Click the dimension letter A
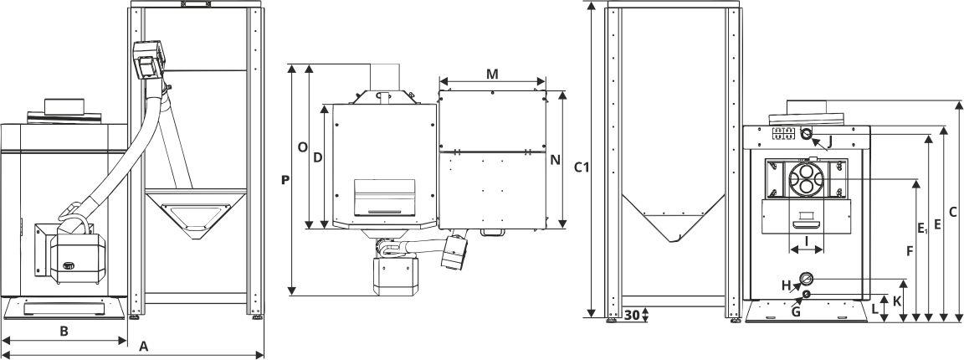pos(143,346)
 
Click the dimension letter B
pos(64,331)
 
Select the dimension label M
pos(493,74)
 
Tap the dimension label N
pos(555,161)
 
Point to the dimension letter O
pos(303,147)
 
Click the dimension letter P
pos(285,179)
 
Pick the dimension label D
pos(317,157)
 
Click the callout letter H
pos(786,285)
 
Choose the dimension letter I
pos(806,240)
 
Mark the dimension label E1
pos(921,228)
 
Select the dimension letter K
pos(897,299)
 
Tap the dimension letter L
pos(875,308)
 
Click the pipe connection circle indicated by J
pos(807,134)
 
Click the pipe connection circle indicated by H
pos(806,279)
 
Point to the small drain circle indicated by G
pos(806,294)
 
